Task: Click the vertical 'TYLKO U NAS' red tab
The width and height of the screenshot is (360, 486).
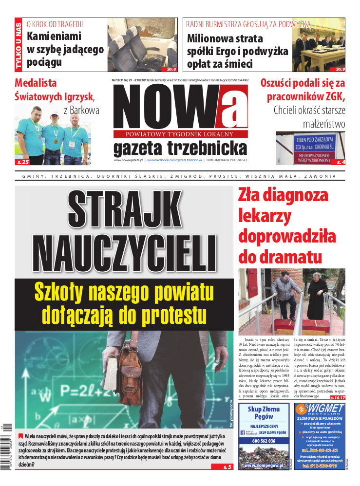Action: click(x=19, y=44)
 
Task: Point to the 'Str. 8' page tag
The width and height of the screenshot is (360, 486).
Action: click(x=171, y=69)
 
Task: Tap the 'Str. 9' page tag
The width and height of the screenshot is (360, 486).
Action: click(x=339, y=69)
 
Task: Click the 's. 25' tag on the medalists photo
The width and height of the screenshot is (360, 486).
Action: click(x=23, y=162)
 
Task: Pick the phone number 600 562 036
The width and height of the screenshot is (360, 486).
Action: click(x=264, y=441)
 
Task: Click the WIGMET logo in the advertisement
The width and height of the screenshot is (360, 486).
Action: click(x=320, y=410)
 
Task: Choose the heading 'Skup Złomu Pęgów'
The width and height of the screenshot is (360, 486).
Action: click(x=264, y=413)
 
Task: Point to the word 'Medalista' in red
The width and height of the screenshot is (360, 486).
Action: click(x=36, y=82)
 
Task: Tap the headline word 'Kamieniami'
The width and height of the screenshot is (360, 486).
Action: click(x=54, y=36)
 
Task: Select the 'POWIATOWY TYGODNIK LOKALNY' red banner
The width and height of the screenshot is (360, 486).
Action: click(x=180, y=134)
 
